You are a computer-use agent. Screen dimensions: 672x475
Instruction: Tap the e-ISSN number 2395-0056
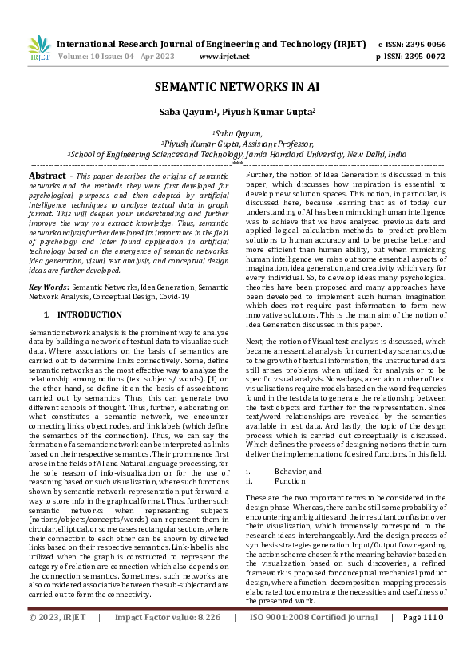[426, 44]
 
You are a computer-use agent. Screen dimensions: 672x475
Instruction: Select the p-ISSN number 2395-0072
[426, 57]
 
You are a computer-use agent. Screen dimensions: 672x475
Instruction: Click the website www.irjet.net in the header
[224, 57]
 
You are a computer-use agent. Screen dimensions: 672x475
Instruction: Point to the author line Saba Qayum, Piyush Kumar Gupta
[237, 113]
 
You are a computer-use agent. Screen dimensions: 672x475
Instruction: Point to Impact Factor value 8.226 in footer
[178, 640]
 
